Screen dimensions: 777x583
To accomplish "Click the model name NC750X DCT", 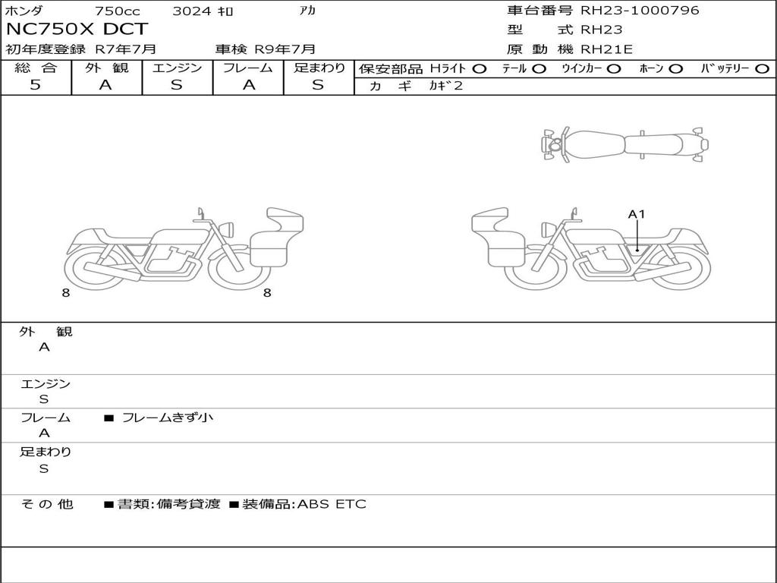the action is pos(77,29).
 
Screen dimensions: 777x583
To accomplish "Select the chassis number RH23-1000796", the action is pos(640,10).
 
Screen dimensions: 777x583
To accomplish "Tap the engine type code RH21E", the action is pos(606,49).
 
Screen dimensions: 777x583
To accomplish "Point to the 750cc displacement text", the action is pos(118,11).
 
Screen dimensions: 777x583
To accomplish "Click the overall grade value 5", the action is pos(35,84).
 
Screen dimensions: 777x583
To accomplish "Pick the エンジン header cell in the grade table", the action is pos(177,68).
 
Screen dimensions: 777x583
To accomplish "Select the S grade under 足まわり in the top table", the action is pos(318,85).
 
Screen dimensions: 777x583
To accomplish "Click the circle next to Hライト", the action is pos(480,69).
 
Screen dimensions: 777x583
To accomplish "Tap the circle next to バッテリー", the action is pos(762,69).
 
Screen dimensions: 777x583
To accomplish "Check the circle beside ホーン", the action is pos(675,69).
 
